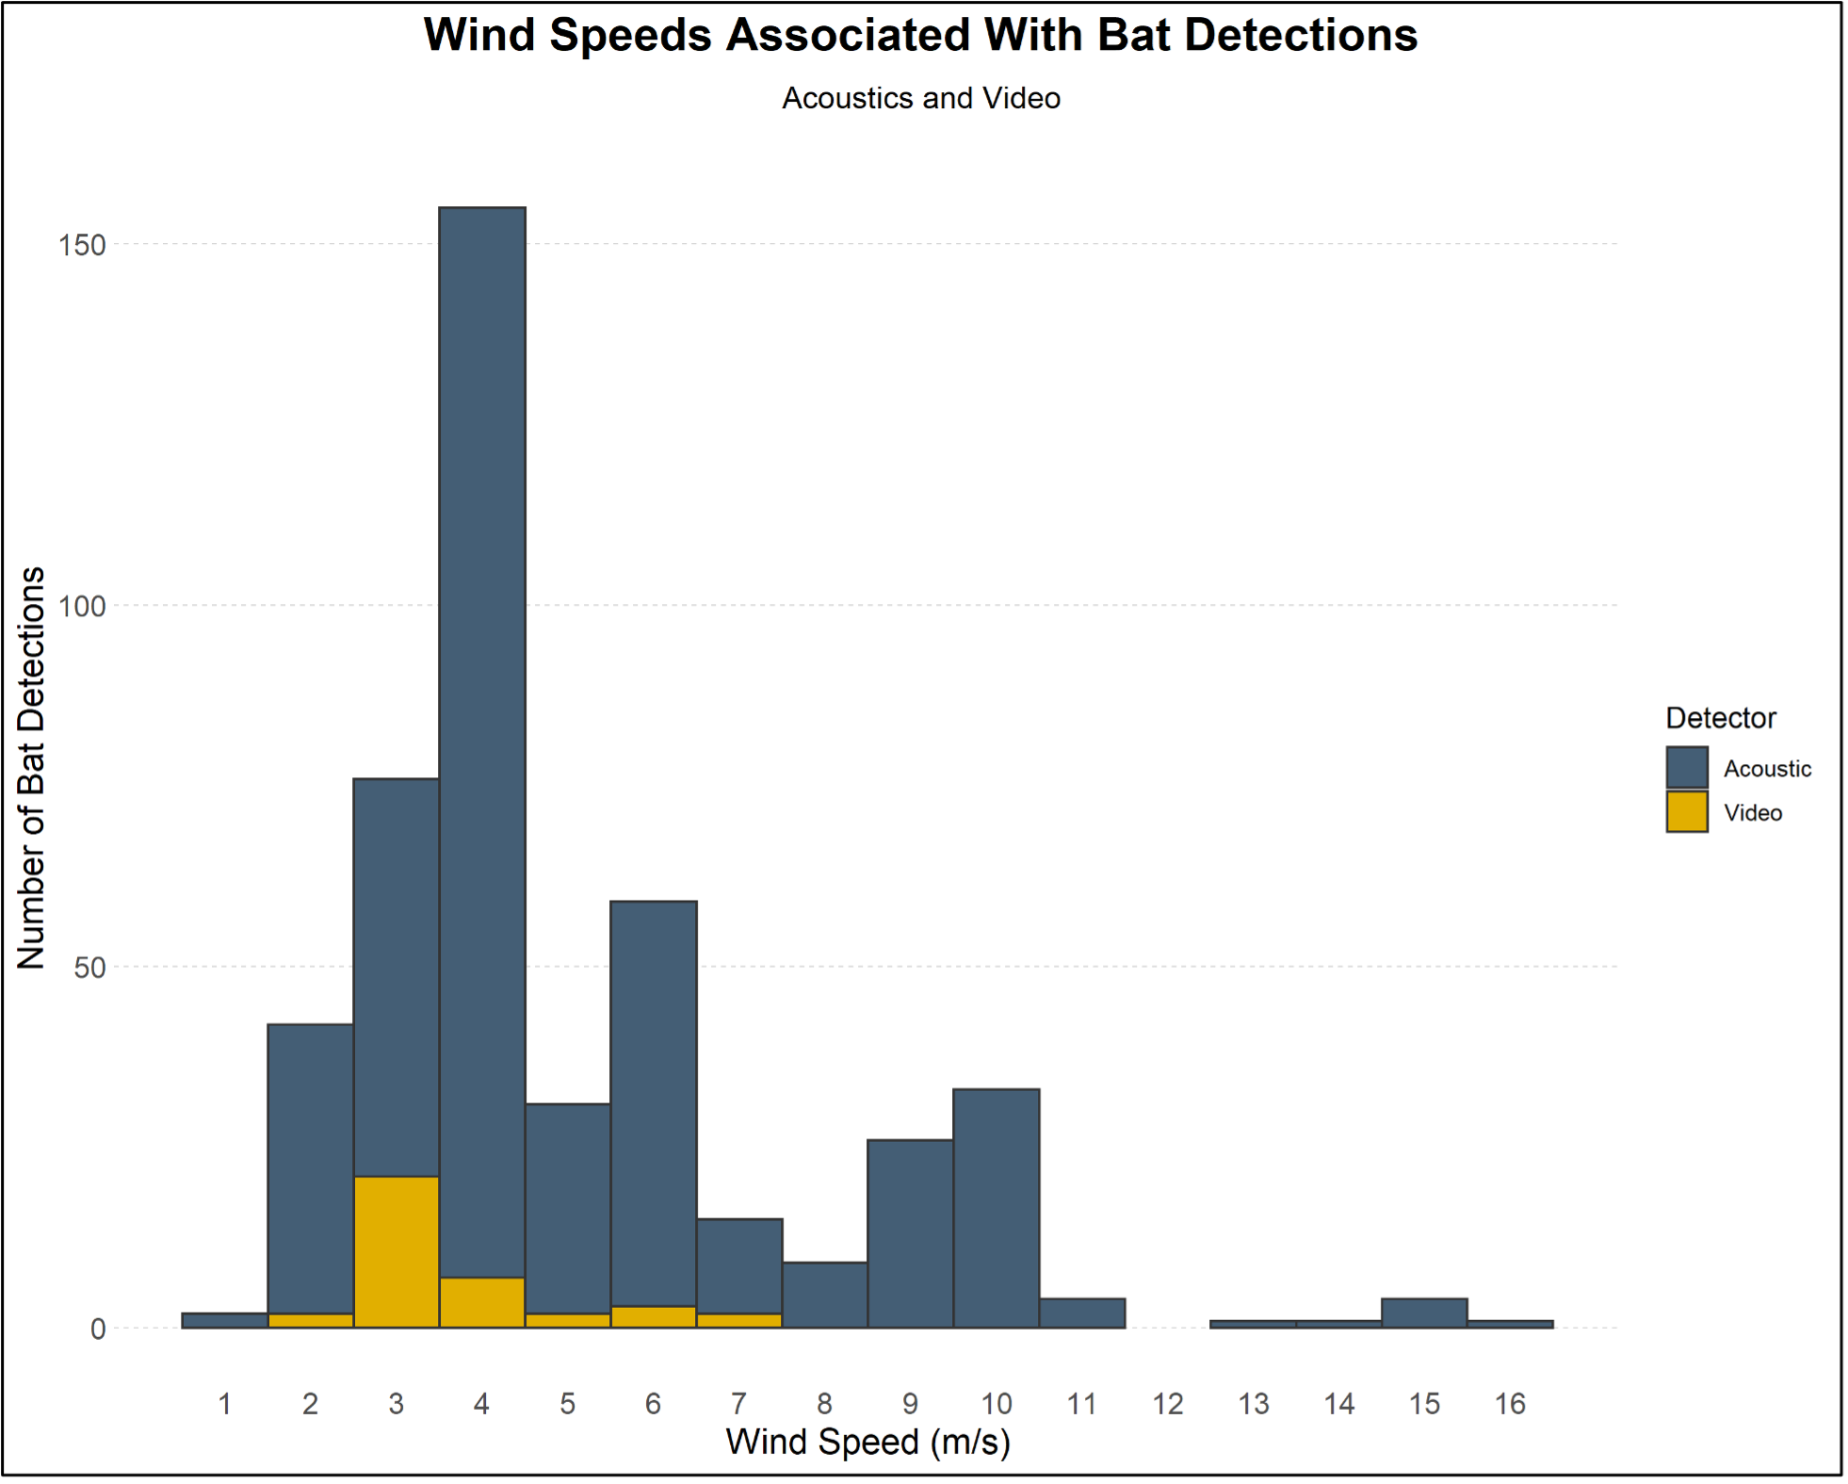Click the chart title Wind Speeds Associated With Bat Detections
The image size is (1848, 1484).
920,36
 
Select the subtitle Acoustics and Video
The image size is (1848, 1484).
920,98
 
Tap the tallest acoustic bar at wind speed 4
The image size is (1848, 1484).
481,735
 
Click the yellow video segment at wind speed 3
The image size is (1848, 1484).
396,1251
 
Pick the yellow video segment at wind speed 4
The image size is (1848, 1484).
481,1302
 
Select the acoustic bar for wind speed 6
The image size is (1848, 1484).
653,1102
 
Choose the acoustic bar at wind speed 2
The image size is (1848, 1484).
310,1168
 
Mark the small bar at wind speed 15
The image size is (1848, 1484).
1424,1313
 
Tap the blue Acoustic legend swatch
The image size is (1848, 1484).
1686,768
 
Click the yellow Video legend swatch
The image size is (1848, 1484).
1686,812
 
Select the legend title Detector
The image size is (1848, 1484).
1720,718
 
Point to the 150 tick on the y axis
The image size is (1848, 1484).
82,245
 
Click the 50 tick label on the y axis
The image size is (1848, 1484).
89,968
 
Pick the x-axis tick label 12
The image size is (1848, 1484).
1167,1404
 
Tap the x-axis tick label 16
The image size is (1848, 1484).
1510,1404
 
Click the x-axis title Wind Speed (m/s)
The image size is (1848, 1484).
867,1443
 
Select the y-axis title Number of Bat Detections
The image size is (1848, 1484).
31,768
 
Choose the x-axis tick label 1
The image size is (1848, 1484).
224,1404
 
